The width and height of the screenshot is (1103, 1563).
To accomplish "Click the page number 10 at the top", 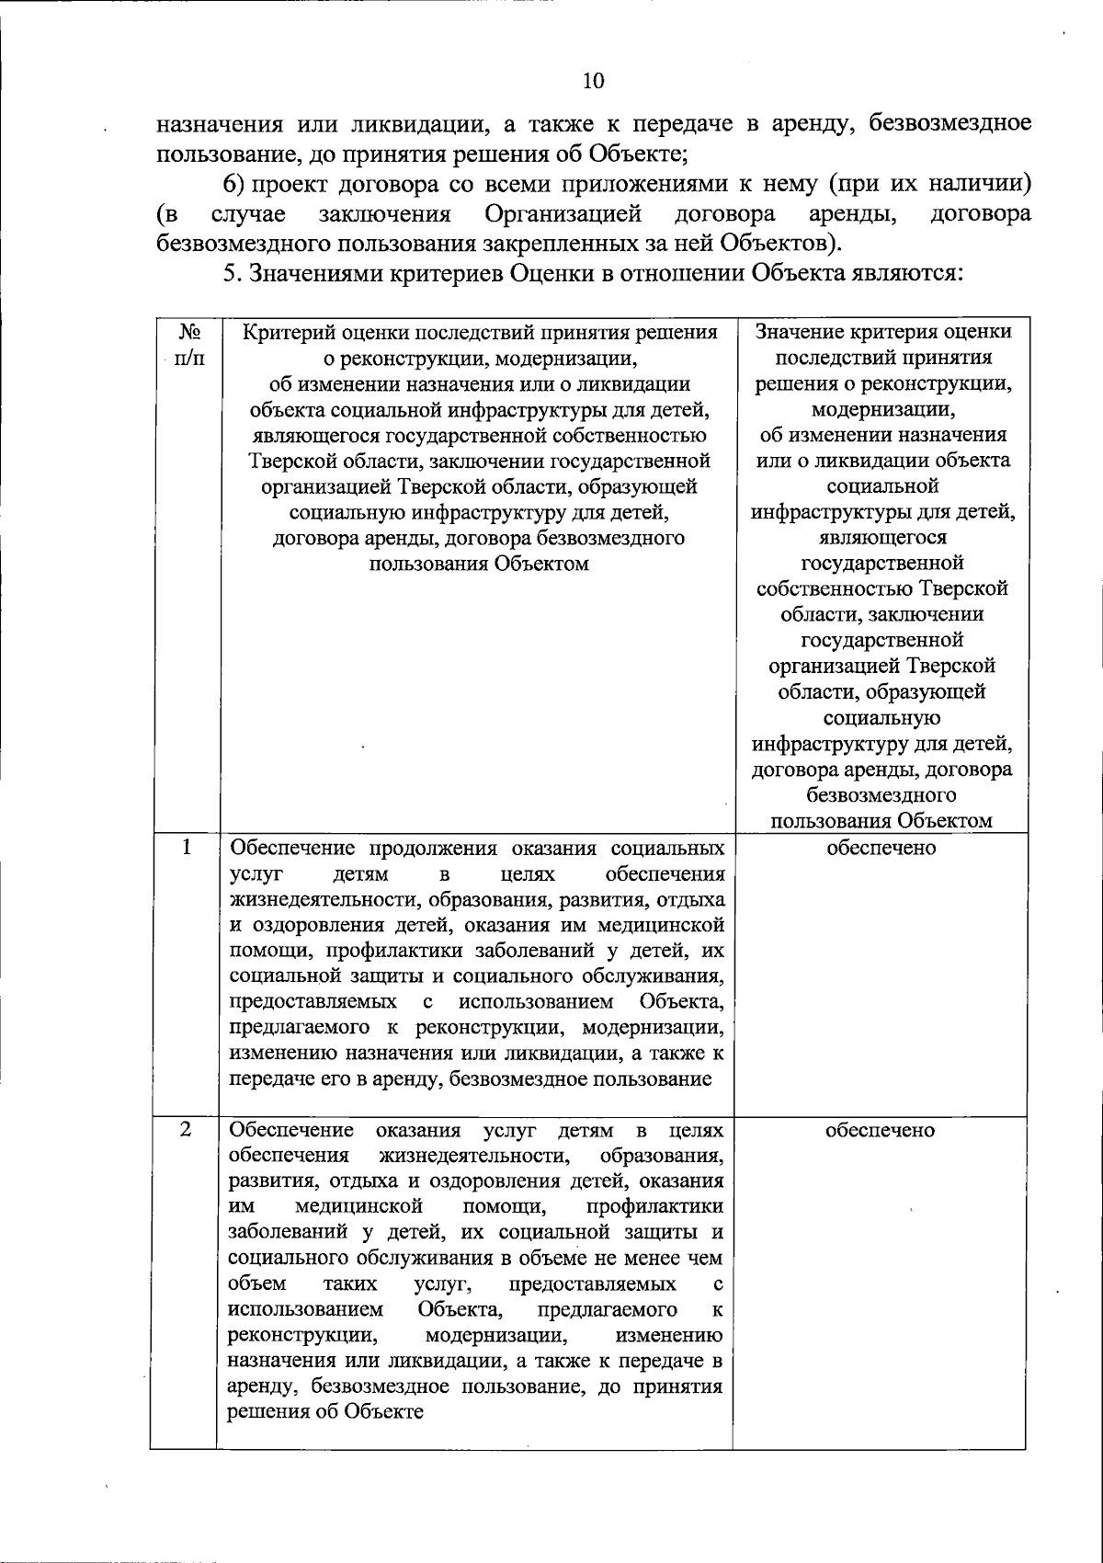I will (593, 81).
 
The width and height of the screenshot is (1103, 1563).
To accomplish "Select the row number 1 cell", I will (186, 847).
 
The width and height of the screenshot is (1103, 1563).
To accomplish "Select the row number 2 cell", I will (186, 1129).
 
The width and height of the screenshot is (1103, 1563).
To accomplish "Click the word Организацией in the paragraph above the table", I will (563, 215).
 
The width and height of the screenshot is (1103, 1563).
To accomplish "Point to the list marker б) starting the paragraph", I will (234, 184).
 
